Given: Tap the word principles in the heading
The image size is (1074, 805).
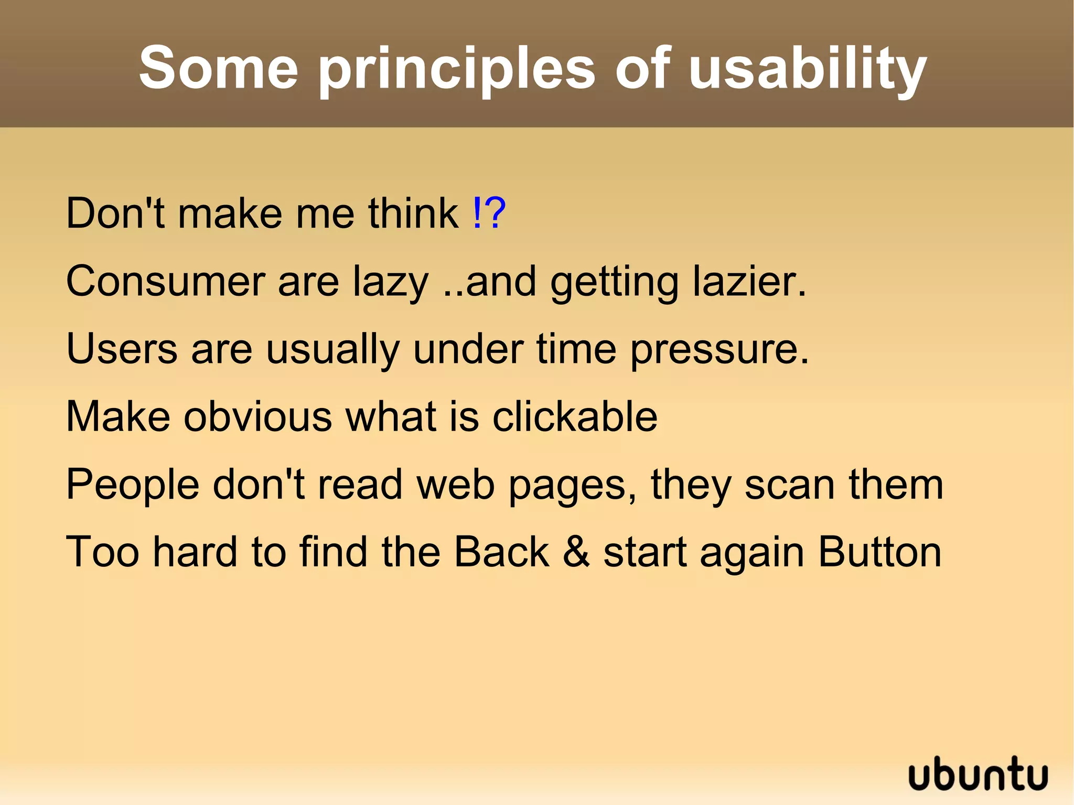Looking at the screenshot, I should (x=456, y=71).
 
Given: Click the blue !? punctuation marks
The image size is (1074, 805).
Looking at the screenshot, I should (x=489, y=213).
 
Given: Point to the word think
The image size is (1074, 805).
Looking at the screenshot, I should (x=413, y=213).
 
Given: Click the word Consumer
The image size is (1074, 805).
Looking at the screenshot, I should (x=165, y=282).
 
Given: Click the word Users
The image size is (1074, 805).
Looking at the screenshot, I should (x=122, y=349).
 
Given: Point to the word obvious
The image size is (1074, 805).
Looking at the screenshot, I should (x=257, y=416).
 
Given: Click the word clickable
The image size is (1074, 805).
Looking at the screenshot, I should (x=575, y=416).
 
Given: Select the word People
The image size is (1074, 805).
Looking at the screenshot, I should (x=133, y=485).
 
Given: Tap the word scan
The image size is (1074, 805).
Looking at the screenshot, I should (x=789, y=485).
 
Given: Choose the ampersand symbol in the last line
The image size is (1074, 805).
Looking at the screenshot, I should (x=576, y=552).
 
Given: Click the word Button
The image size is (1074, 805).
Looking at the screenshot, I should (x=879, y=552).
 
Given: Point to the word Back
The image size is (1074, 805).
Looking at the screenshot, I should (x=501, y=552).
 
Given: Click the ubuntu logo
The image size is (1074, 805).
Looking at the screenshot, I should (x=978, y=774).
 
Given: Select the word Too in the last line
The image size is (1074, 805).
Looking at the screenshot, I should (x=103, y=552).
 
